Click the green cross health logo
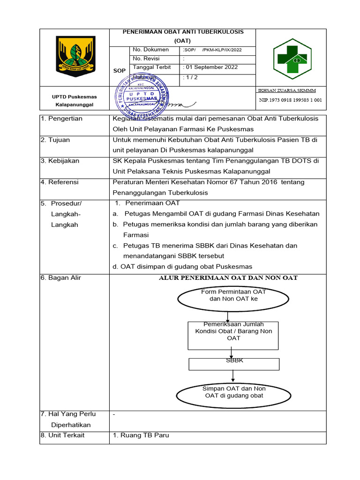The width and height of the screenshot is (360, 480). click(x=291, y=59)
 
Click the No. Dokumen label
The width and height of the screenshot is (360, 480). click(x=150, y=50)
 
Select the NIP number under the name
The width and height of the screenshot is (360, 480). click(x=291, y=100)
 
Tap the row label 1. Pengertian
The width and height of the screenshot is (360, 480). click(x=61, y=119)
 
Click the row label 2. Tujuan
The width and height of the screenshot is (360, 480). click(x=57, y=140)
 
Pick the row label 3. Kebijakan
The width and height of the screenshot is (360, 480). click(x=60, y=161)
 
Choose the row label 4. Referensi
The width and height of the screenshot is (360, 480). click(x=60, y=182)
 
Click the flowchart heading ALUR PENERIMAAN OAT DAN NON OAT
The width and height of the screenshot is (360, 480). click(x=229, y=278)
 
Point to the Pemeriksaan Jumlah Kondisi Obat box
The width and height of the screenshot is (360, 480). click(x=233, y=335)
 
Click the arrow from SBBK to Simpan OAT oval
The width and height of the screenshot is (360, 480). click(x=233, y=375)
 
